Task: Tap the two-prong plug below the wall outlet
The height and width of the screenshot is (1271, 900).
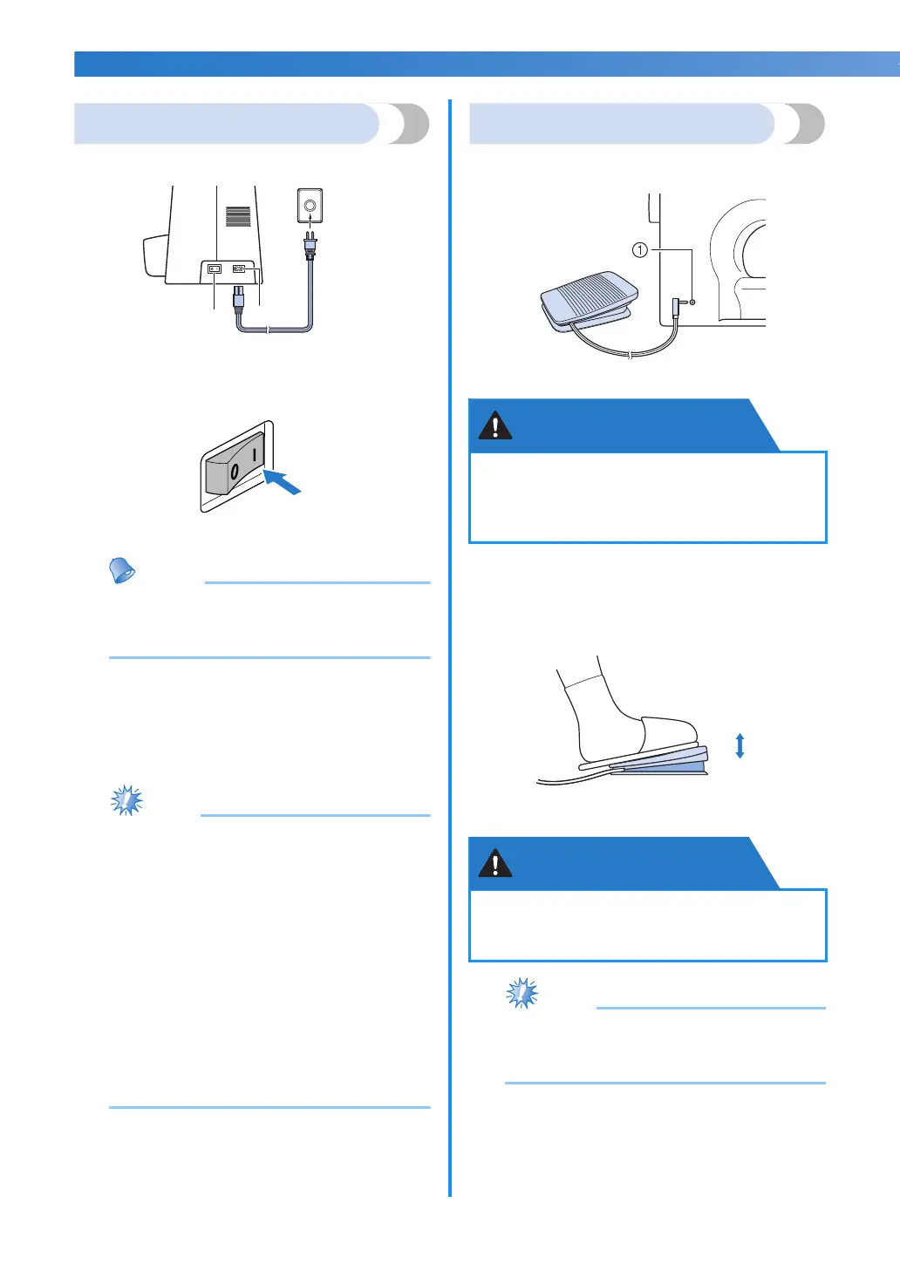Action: click(x=310, y=245)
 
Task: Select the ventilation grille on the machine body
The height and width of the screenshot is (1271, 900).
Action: click(x=238, y=216)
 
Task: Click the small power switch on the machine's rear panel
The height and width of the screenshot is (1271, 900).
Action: click(x=215, y=268)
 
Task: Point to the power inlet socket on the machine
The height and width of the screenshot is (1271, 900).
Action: click(x=238, y=268)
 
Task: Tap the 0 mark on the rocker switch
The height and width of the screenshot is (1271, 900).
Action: click(x=234, y=473)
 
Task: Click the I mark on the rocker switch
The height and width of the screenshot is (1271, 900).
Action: click(x=254, y=455)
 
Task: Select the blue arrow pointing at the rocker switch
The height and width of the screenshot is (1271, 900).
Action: click(x=283, y=480)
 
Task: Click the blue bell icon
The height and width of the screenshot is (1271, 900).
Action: click(x=122, y=570)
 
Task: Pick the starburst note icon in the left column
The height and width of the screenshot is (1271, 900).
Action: click(x=127, y=800)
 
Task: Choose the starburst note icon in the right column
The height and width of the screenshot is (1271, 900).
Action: click(x=522, y=993)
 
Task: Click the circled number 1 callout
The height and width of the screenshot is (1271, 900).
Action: click(x=639, y=250)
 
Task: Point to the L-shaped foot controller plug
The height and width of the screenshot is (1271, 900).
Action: click(x=677, y=307)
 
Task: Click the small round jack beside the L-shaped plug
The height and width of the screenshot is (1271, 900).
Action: click(x=692, y=302)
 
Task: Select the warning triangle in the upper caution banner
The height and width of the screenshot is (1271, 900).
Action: click(x=495, y=425)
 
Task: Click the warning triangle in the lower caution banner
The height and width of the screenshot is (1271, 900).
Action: click(x=495, y=863)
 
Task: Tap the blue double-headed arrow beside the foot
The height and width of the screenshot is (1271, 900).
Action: click(x=740, y=746)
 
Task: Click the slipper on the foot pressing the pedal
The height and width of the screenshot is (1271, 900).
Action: click(x=668, y=732)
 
